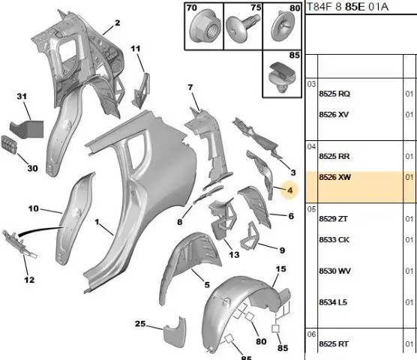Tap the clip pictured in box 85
[282, 76]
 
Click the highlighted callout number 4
[290, 190]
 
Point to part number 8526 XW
[334, 177]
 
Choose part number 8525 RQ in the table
[334, 94]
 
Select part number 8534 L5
[333, 302]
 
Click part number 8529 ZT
[333, 219]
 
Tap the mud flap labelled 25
[175, 332]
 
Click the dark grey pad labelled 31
[27, 129]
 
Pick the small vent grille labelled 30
[9, 145]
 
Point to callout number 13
[234, 255]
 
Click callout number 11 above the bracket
[135, 49]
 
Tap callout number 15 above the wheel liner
[280, 269]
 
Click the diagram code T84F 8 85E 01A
[347, 7]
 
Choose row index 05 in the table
[311, 209]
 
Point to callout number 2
[117, 22]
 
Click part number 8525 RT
[334, 344]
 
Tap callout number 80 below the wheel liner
[261, 341]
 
